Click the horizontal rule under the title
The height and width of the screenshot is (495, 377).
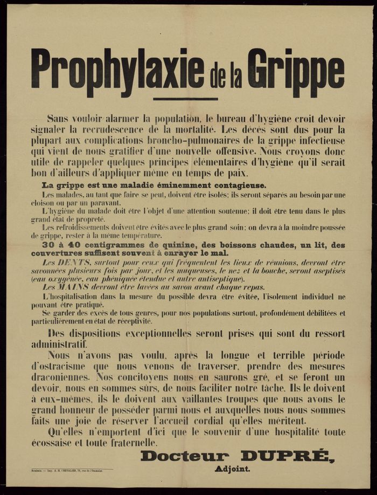coord(185,99)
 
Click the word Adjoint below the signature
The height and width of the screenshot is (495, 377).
coord(232,469)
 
